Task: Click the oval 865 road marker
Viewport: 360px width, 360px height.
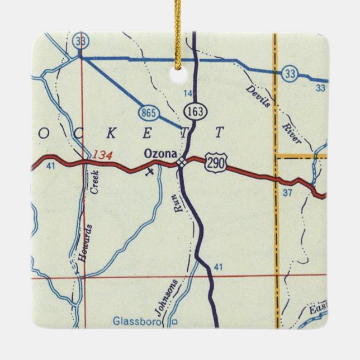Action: coord(148,113)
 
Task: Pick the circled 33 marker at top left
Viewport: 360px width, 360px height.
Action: coord(79,40)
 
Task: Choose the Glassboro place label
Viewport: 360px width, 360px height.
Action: coord(136,321)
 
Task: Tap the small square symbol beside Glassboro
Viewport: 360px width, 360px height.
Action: coord(174,322)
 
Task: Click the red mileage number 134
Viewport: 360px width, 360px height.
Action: coord(102,154)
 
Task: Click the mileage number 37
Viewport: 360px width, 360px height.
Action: coord(288,193)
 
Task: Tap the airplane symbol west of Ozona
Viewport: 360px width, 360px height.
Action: coord(148,172)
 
